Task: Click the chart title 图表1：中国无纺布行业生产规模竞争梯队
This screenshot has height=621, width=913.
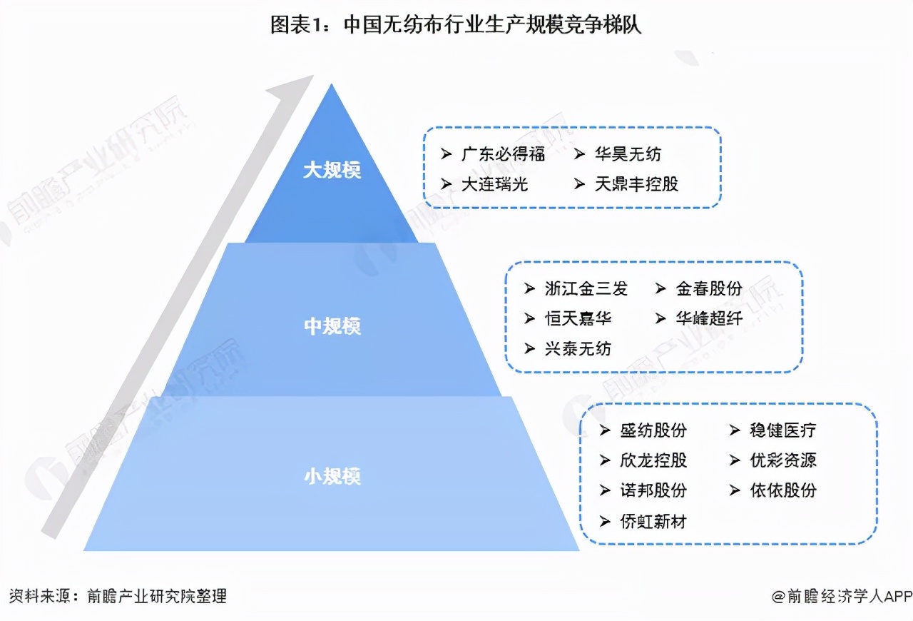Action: pos(456,25)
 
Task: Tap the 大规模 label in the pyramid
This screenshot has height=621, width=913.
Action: pos(332,170)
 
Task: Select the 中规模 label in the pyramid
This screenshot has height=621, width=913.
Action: pos(332,326)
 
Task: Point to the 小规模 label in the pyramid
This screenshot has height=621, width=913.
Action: pos(332,476)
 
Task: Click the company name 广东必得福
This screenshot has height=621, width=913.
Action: pos(503,154)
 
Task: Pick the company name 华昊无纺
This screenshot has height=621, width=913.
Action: pos(628,154)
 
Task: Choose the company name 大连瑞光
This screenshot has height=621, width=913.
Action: pos(494,184)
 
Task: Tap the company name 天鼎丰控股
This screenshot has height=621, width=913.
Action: pos(636,184)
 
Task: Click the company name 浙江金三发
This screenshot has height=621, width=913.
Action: pos(586,288)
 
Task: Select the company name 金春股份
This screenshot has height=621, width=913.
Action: pos(709,288)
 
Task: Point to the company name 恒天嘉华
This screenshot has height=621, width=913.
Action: pos(578,318)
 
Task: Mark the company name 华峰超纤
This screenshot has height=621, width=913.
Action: pos(709,318)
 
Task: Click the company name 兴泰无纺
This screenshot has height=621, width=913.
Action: pos(578,349)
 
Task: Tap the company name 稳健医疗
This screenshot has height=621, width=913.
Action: pos(783,430)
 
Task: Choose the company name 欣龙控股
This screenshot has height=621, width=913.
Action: pos(653,460)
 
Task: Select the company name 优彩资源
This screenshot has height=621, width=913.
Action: pos(783,460)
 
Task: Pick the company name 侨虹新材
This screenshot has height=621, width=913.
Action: pos(653,521)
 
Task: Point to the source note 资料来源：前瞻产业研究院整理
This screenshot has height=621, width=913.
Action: pos(118,597)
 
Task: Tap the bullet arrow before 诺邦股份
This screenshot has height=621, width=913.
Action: pos(605,490)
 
